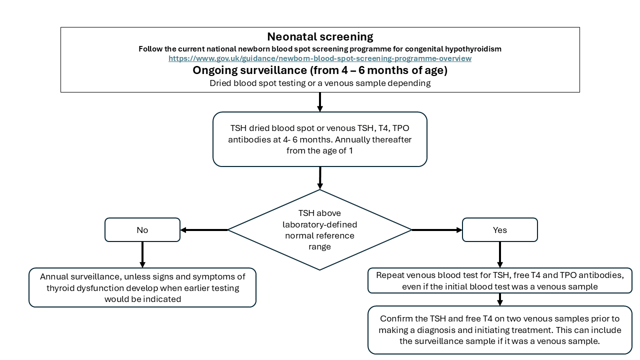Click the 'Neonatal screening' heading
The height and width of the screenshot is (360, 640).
tap(320, 36)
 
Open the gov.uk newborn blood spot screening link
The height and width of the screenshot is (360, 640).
tap(320, 58)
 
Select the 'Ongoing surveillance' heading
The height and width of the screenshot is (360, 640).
tap(320, 70)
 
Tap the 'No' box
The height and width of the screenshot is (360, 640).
tap(142, 230)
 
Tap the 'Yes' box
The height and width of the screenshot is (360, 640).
tap(499, 230)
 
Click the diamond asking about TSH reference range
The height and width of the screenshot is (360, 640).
tap(320, 230)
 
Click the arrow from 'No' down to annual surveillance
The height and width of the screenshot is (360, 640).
tap(142, 254)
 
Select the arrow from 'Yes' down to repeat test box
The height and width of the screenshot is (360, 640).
tap(499, 254)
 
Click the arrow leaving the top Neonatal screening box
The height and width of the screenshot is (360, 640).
tap(320, 102)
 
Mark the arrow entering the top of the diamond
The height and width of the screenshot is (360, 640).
tap(320, 178)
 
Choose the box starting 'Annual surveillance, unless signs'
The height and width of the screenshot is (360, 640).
tap(142, 287)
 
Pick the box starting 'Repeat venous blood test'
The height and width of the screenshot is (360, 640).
tap(499, 281)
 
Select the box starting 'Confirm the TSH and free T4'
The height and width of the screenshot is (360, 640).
tap(499, 330)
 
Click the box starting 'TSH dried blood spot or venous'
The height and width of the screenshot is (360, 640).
tap(320, 139)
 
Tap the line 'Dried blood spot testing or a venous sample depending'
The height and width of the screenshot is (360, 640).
tap(320, 83)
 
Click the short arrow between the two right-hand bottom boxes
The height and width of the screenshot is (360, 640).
tap(499, 299)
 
